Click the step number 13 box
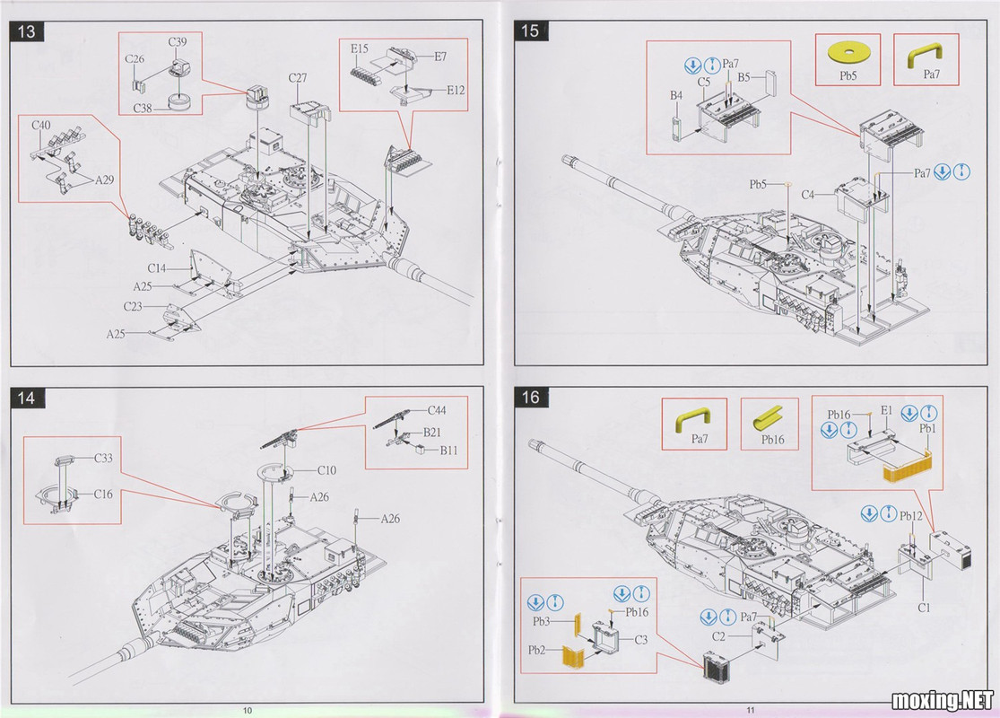tap(27, 31)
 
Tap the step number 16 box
tap(530, 397)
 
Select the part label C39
tap(178, 41)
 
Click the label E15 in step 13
tap(360, 48)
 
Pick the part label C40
tap(41, 125)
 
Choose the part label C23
tap(134, 307)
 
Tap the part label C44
tap(438, 410)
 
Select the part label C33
tap(104, 458)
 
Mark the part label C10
tap(326, 469)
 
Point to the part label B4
tap(676, 94)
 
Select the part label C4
tap(808, 194)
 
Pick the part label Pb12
tap(911, 515)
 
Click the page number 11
tap(750, 710)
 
